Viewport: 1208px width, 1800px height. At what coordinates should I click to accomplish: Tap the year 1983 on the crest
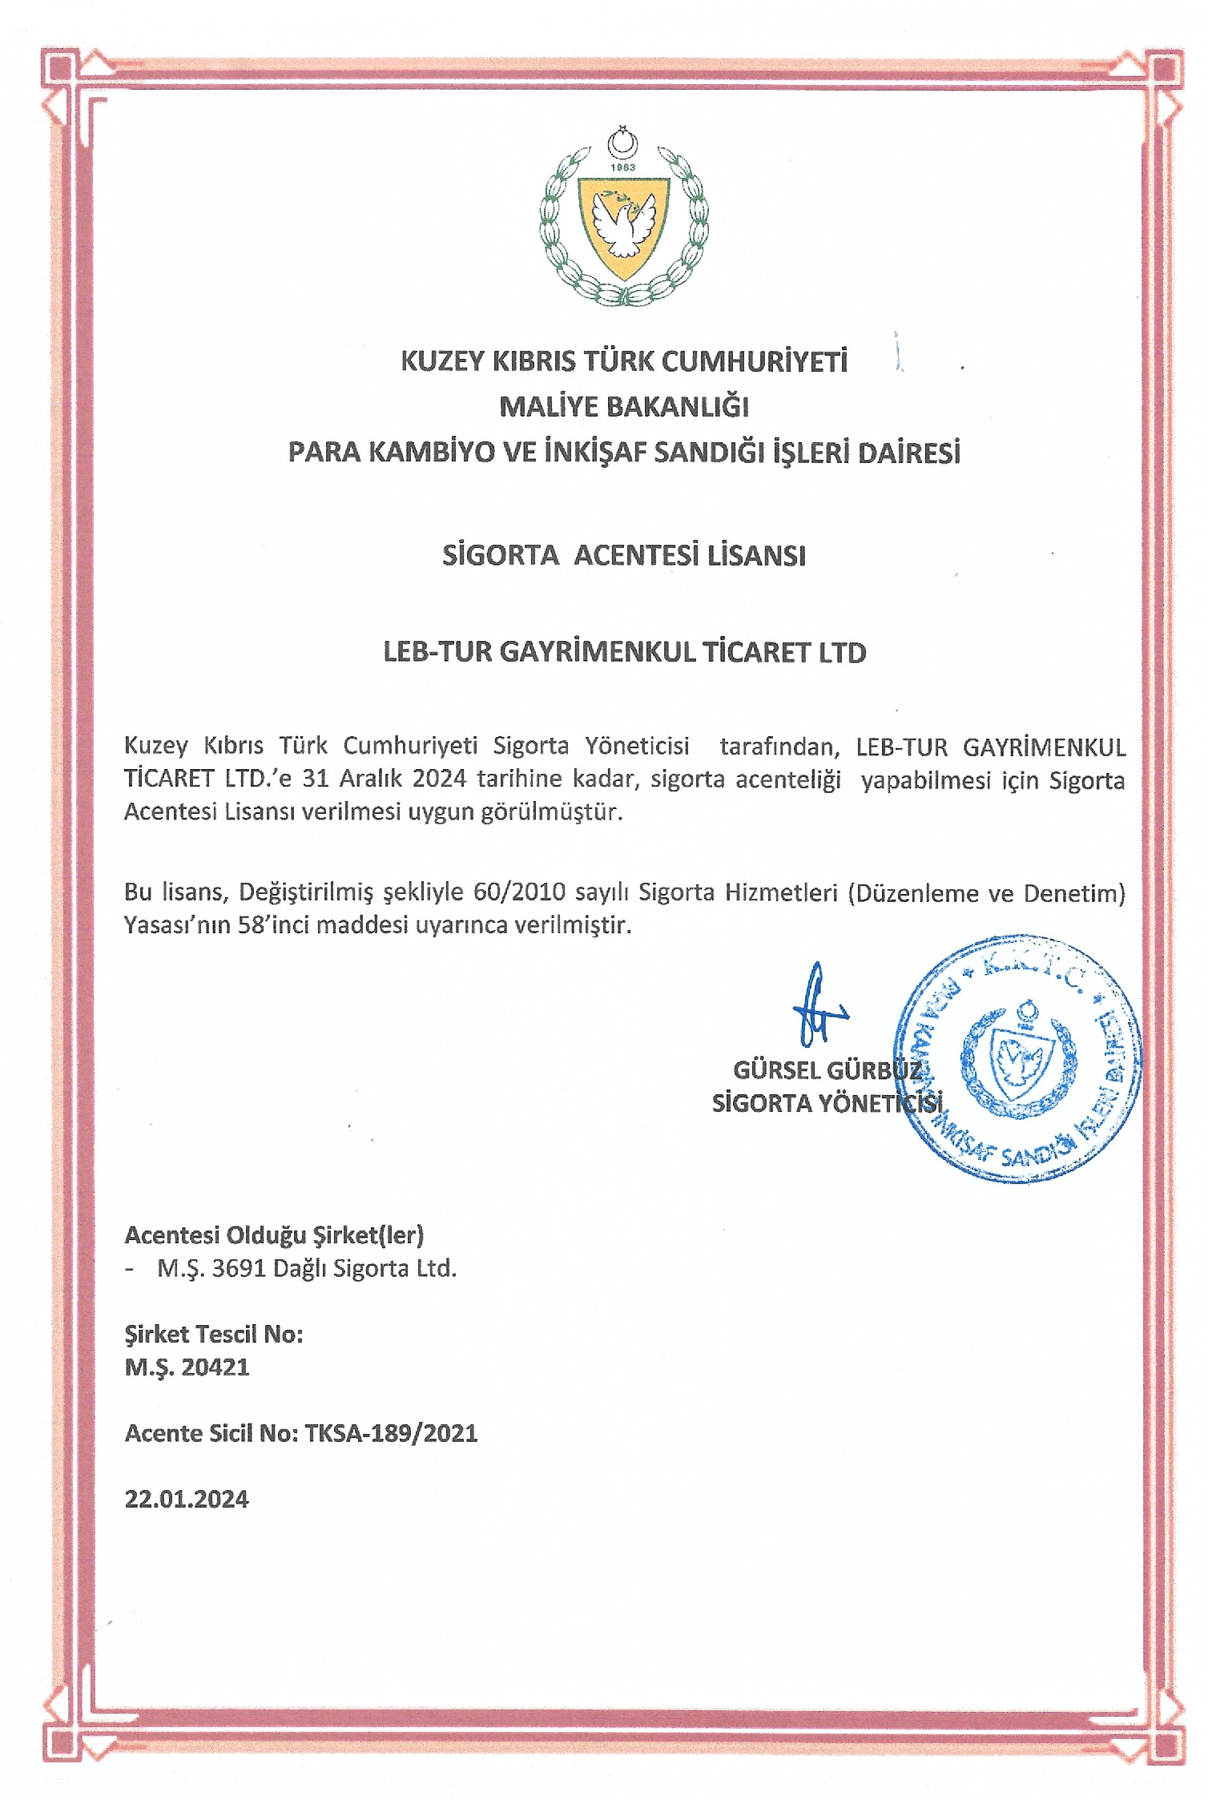[x=622, y=167]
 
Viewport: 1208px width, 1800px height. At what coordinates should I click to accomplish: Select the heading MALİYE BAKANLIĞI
[x=624, y=407]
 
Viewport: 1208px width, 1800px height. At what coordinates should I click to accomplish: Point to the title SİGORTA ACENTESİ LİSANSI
[x=624, y=555]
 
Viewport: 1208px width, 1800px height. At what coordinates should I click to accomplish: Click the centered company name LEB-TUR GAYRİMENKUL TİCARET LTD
[x=624, y=652]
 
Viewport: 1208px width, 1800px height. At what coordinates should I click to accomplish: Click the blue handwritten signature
[x=815, y=1007]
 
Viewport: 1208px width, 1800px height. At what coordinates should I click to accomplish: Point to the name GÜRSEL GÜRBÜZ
[x=827, y=1070]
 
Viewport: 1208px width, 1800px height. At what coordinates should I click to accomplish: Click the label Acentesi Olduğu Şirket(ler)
[x=274, y=1235]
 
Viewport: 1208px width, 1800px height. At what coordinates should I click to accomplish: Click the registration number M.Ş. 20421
[x=187, y=1367]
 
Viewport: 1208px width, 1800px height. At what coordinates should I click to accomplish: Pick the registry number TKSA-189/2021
[x=391, y=1433]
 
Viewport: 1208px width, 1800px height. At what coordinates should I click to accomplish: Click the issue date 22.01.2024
[x=187, y=1499]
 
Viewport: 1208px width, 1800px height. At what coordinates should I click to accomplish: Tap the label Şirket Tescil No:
[x=214, y=1334]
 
